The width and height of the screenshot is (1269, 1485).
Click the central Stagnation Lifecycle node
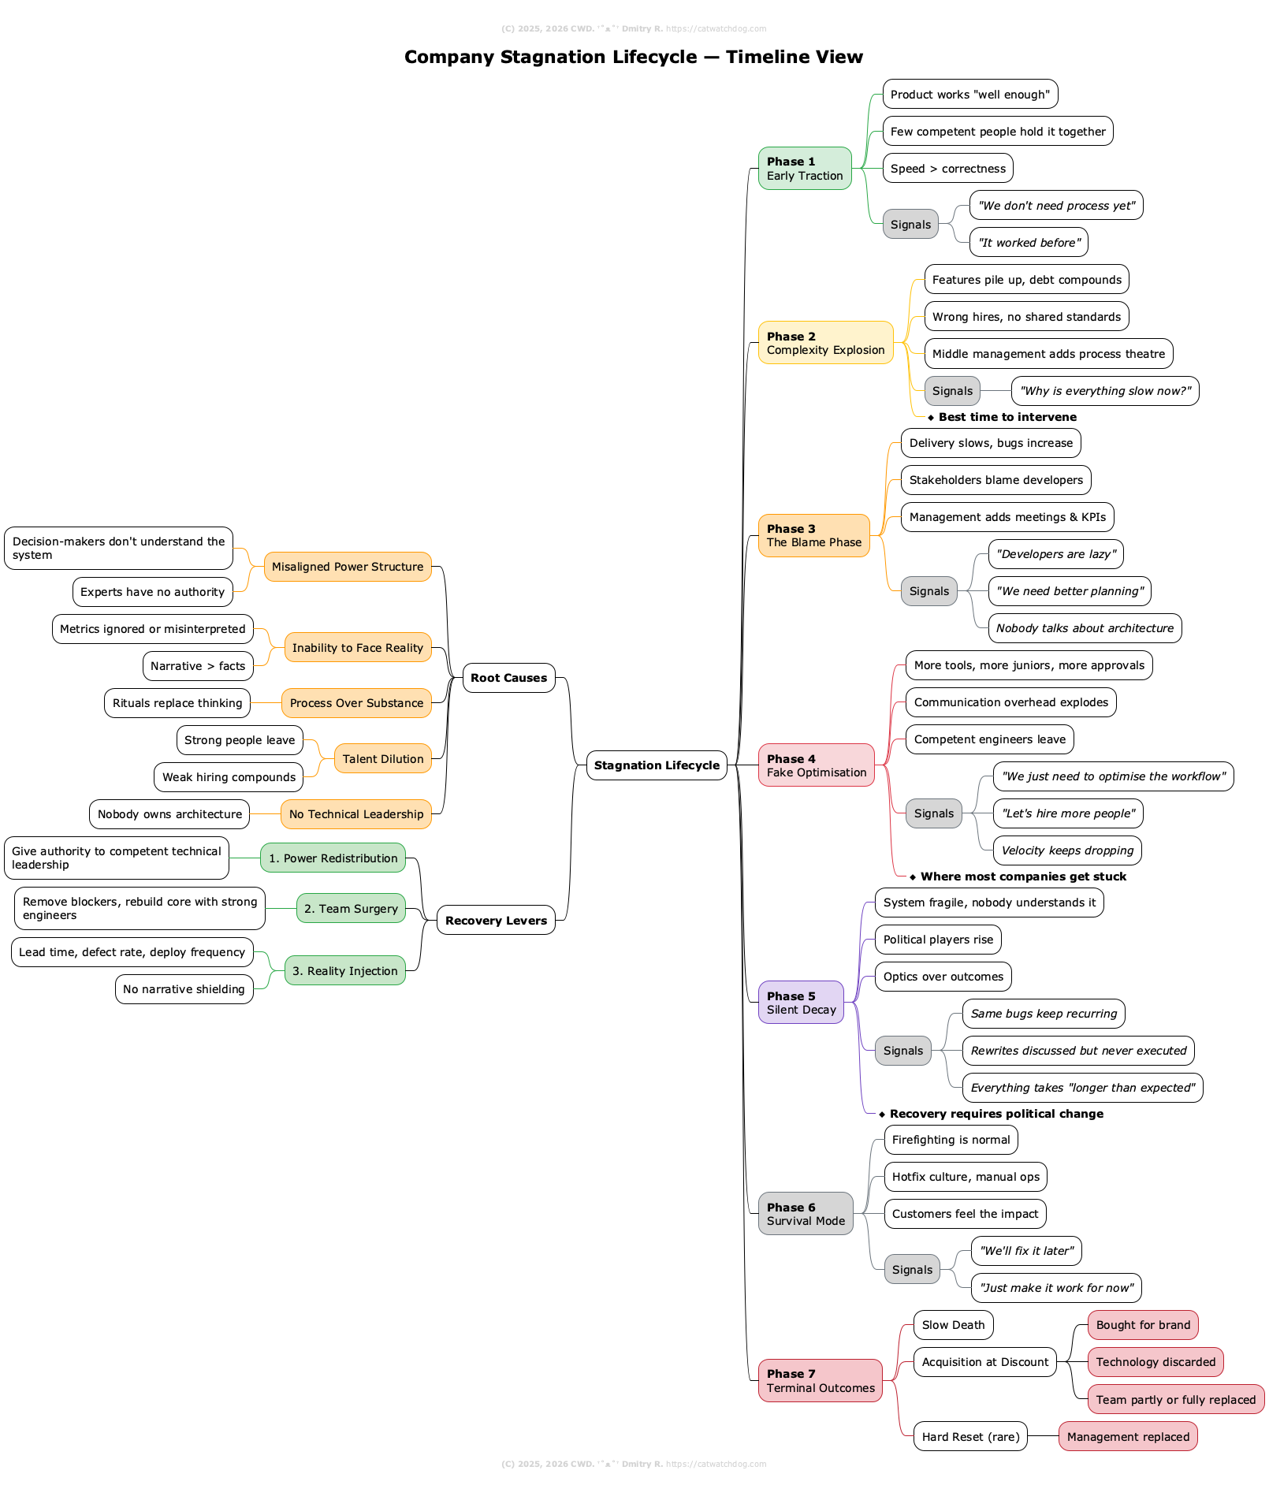[657, 765]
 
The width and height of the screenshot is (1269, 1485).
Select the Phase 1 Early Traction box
[805, 169]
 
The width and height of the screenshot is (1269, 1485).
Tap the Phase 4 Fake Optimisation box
[816, 765]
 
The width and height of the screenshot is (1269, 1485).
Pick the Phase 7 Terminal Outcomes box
[820, 1381]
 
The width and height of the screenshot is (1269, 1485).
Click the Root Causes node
[508, 678]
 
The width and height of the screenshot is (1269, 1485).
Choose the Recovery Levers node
[496, 921]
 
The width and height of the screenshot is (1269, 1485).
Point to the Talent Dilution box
[383, 759]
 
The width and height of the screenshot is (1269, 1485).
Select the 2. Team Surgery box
[351, 909]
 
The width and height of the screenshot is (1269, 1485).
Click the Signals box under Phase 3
[928, 591]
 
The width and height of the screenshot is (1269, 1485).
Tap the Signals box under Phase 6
[912, 1270]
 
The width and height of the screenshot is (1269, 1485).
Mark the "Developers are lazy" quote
[1055, 554]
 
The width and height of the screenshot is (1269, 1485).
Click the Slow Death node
[953, 1325]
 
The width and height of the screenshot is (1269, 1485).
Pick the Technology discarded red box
[1155, 1362]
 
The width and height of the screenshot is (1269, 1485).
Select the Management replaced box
[1127, 1437]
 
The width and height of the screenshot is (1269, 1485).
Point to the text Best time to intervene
[1007, 417]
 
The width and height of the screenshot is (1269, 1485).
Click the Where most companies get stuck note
[1023, 876]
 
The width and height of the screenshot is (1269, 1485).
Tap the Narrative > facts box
[198, 666]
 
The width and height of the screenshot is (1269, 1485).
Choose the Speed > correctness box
[947, 169]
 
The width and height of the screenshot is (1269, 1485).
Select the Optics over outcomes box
[943, 977]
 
